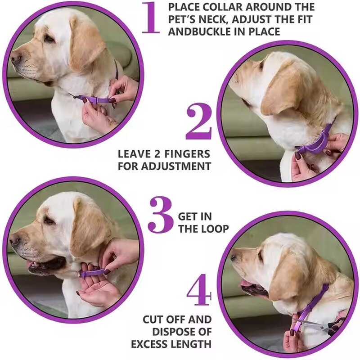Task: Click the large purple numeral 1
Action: [151, 18]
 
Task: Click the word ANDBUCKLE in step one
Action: [198, 31]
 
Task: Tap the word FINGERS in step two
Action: [189, 153]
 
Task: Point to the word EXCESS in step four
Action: [152, 344]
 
